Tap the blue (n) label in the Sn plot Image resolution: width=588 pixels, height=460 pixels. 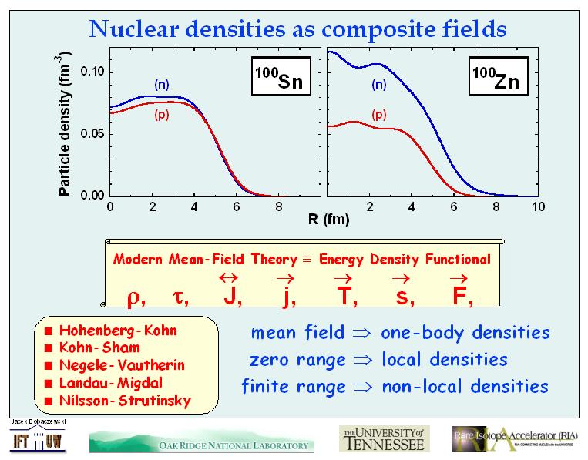(162, 82)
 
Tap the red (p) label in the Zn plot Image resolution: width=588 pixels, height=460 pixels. (378, 115)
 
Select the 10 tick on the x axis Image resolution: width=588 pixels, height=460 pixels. (539, 207)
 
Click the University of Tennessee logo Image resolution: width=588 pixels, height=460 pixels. (381, 437)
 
